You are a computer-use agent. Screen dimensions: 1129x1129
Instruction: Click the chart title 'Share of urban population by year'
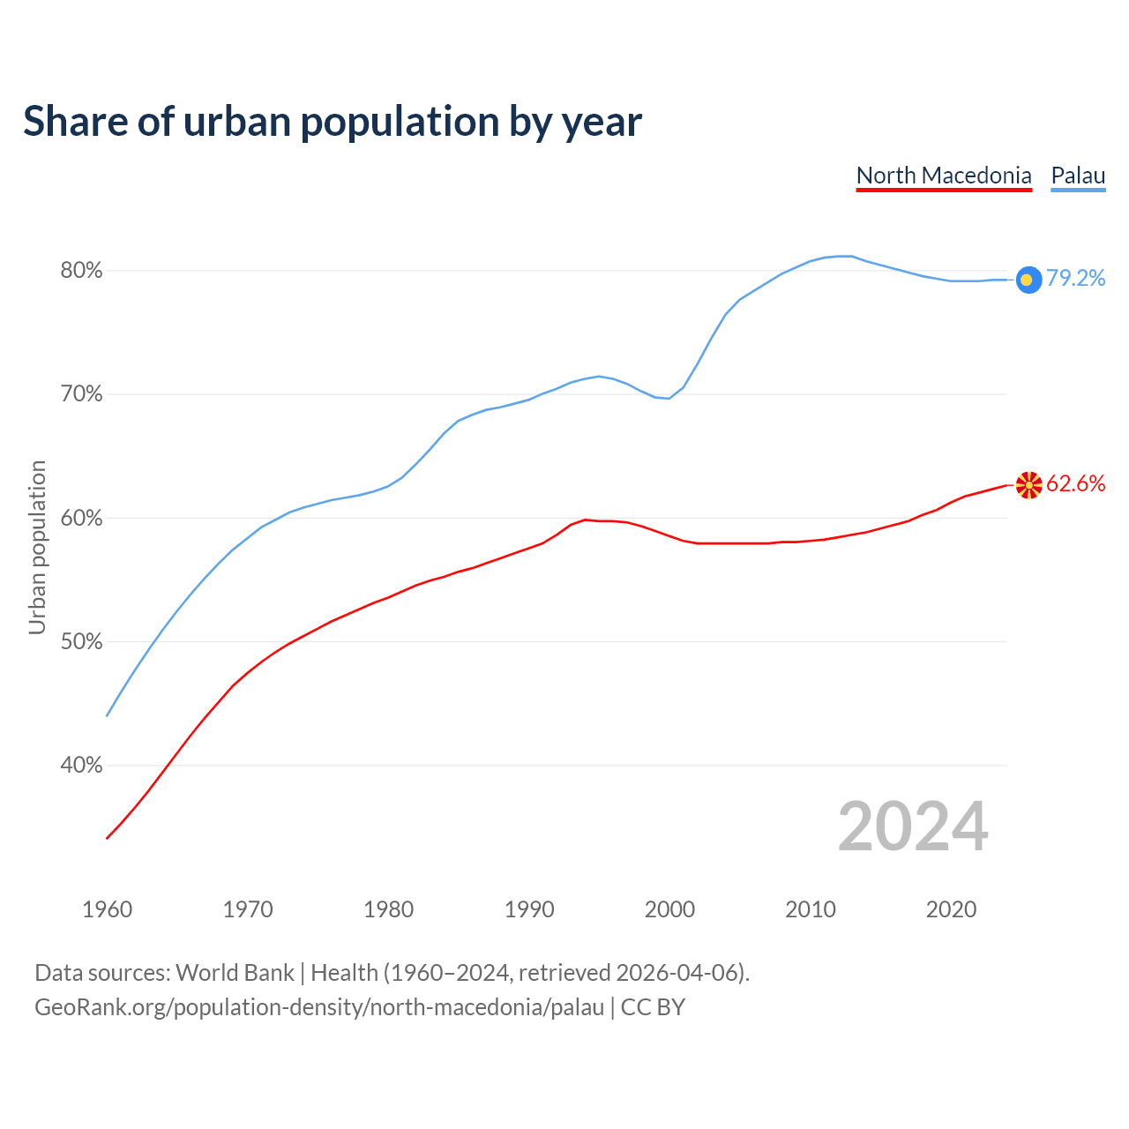tap(333, 122)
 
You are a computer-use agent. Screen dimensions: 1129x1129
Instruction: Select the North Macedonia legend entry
tap(944, 176)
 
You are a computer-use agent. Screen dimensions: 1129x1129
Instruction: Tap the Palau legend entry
tap(1078, 176)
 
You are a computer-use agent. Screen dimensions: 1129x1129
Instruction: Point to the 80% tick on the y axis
tap(81, 271)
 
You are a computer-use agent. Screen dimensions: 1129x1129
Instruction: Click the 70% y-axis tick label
tap(81, 394)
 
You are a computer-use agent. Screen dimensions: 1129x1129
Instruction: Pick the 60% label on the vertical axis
tap(81, 519)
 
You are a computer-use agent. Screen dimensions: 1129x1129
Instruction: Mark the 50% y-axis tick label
tap(81, 642)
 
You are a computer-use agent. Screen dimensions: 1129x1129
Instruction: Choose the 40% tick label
tap(81, 766)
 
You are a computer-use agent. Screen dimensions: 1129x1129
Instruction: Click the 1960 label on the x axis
tap(107, 909)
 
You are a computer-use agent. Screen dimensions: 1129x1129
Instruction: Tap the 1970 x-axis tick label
tap(248, 909)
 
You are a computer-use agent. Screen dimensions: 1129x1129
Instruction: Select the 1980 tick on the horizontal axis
tap(388, 909)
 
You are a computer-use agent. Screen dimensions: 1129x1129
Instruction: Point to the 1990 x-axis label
tap(529, 909)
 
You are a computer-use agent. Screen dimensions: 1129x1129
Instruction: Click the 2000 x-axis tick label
tap(669, 909)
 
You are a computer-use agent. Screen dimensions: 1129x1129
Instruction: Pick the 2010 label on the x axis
tap(811, 909)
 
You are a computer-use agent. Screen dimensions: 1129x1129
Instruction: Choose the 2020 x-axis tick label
tap(951, 909)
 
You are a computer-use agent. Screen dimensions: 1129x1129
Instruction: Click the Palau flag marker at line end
tap(1028, 280)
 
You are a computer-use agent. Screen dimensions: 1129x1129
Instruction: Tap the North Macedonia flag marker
tap(1028, 484)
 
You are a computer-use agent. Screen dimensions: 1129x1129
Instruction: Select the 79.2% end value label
tap(1076, 279)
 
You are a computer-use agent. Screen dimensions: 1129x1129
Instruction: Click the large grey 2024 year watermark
tap(913, 826)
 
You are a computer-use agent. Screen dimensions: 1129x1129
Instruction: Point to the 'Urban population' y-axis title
tap(37, 547)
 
